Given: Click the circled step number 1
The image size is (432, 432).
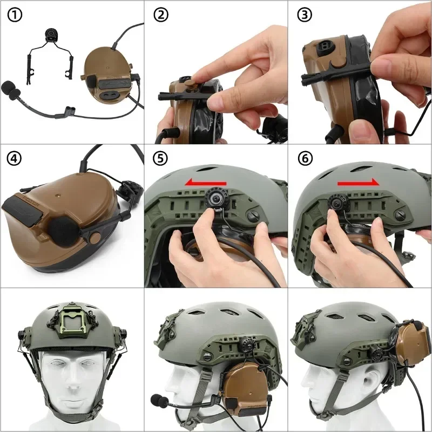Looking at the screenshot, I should [x=14, y=15].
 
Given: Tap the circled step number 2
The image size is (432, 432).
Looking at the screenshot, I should [x=160, y=15].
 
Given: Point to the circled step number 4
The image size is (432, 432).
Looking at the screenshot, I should [x=14, y=159].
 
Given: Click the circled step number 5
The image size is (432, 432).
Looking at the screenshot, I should [x=160, y=159].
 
